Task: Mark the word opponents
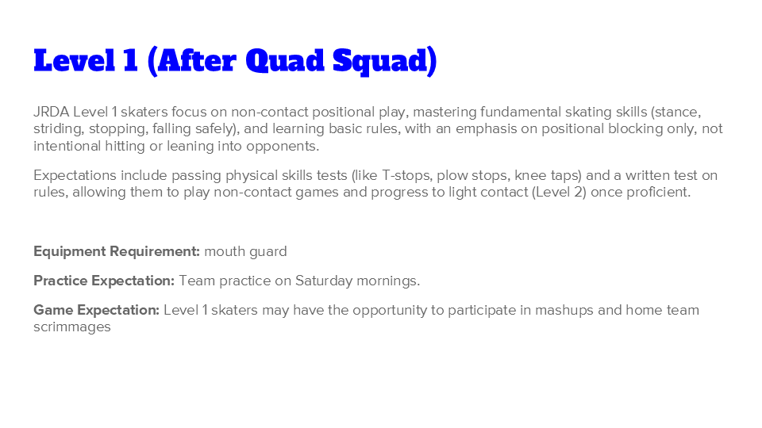click(x=281, y=146)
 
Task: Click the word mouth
click(x=224, y=251)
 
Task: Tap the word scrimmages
click(x=72, y=327)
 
